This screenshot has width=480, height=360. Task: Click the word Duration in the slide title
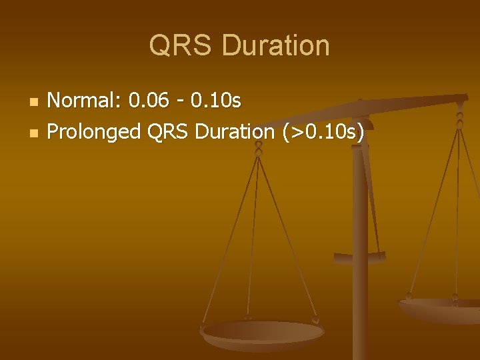[276, 46]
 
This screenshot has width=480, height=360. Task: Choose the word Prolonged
[95, 132]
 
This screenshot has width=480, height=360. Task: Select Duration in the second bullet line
[235, 132]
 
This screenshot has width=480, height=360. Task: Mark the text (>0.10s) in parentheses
[323, 132]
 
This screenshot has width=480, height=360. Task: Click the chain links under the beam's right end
[459, 120]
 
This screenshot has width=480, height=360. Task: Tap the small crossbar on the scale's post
[360, 257]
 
